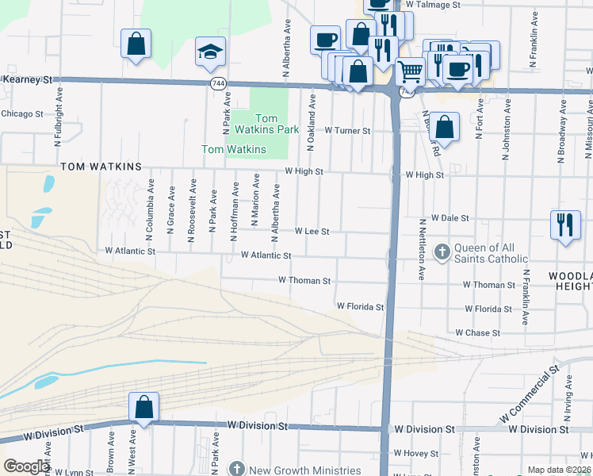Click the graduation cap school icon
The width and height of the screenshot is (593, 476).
pyautogui.click(x=210, y=52)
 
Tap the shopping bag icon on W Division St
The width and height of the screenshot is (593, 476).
pyautogui.click(x=143, y=408)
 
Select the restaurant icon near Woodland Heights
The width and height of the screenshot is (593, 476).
pyautogui.click(x=564, y=224)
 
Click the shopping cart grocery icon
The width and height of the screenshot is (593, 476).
pyautogui.click(x=410, y=72)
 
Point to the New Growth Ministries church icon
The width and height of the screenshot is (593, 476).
pyautogui.click(x=235, y=469)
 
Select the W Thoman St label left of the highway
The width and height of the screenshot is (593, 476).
pyautogui.click(x=304, y=280)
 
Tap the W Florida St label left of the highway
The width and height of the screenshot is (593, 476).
pyautogui.click(x=360, y=305)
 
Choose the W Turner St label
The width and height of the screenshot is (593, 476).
pyautogui.click(x=348, y=130)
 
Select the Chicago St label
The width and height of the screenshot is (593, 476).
pyautogui.click(x=21, y=113)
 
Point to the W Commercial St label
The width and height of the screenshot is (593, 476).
pyautogui.click(x=530, y=393)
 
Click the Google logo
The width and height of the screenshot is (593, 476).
pyautogui.click(x=26, y=466)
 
